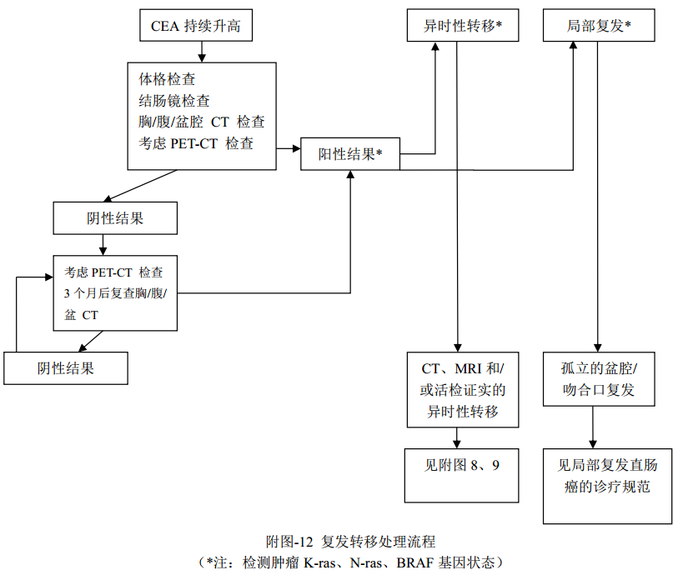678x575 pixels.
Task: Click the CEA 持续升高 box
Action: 196,26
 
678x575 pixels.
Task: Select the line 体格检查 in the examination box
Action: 168,80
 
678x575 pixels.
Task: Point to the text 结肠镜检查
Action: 174,101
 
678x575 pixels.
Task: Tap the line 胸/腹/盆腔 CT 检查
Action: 202,122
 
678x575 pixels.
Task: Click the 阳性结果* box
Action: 350,154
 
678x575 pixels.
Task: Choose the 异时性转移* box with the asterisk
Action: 463,26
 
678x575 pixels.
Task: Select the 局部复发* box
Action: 598,26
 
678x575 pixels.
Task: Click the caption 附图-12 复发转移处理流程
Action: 350,542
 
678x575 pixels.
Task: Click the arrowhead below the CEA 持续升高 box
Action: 202,57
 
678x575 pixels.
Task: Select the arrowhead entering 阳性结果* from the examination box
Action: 295,149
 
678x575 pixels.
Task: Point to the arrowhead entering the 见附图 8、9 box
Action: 457,444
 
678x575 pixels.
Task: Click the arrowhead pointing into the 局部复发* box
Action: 574,47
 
